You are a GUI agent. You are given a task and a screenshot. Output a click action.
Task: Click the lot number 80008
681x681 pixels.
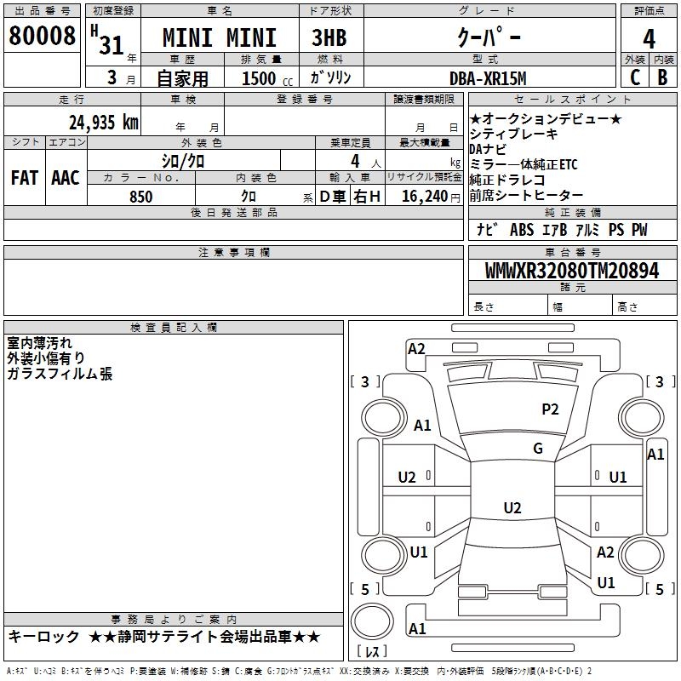pos(42,35)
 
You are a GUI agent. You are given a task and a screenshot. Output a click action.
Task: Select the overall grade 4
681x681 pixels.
pos(649,38)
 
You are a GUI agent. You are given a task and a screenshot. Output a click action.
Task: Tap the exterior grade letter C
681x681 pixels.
pos(635,77)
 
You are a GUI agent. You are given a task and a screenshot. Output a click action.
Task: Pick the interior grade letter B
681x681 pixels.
pos(662,77)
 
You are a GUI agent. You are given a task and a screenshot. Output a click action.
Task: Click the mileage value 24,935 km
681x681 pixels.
pos(104,122)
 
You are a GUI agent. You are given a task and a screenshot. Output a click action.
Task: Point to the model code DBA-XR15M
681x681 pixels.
pos(488,78)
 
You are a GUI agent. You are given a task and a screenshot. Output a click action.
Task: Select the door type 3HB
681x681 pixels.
pos(329,37)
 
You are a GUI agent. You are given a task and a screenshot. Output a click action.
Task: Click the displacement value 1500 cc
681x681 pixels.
pos(267,78)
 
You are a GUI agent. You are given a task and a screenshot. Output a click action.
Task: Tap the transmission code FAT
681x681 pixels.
pos(25,178)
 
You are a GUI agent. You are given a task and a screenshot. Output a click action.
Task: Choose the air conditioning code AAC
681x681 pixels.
pos(66,178)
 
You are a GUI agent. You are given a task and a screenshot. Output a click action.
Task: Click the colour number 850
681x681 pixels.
pos(141,197)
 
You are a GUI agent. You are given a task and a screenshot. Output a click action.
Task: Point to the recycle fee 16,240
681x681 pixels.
pos(425,197)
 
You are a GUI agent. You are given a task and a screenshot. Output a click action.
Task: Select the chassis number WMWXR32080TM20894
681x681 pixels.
pos(572,271)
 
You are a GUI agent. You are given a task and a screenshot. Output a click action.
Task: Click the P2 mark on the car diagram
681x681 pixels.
pos(550,409)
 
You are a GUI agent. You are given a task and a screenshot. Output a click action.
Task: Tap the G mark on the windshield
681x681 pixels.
pos(538,449)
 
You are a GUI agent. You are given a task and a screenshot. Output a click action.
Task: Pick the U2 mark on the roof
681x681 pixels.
pos(512,507)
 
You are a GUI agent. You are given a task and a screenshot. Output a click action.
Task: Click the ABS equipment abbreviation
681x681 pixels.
pos(522,230)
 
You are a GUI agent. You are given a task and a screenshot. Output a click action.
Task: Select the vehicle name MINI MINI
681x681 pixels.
pos(220,37)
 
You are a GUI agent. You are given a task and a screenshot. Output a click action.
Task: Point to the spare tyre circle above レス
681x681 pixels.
pos(372,621)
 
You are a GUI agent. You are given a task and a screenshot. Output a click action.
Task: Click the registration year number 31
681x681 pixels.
pos(112,45)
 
